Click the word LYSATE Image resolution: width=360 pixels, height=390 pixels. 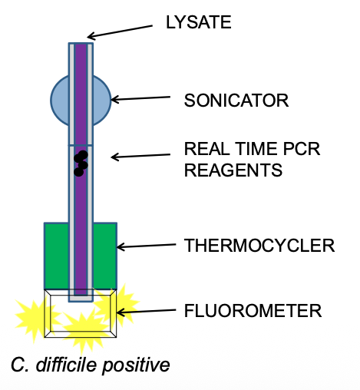198,23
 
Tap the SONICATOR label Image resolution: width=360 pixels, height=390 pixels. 236,100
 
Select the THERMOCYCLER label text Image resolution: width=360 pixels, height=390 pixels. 259,246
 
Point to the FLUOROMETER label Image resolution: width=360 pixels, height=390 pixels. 253,311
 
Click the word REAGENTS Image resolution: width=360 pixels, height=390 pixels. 233,170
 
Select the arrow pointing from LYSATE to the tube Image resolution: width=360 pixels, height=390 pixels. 123,30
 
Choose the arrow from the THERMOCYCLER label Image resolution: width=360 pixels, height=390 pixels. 146,246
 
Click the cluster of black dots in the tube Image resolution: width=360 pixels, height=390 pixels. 80,163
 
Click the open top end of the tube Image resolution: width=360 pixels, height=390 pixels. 81,44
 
